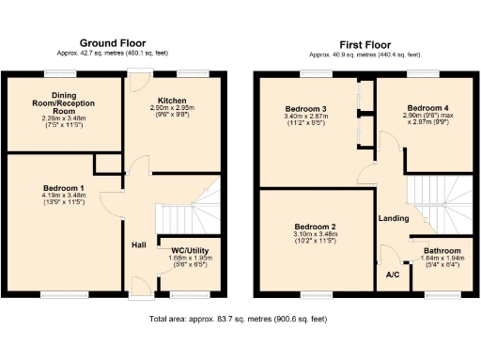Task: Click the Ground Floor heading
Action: point(113,43)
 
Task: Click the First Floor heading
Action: point(365,43)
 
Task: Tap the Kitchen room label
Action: point(172,100)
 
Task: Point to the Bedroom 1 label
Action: point(64,187)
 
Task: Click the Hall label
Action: point(138,244)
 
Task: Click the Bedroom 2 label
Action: point(314,227)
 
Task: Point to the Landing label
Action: point(393,219)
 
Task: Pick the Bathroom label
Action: point(442,251)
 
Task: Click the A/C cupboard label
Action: point(393,275)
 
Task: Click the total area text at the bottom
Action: point(240,320)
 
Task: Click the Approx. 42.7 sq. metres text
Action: point(113,55)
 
